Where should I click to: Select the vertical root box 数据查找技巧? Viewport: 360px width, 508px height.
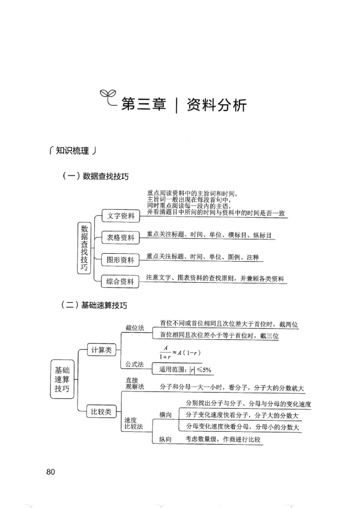84,248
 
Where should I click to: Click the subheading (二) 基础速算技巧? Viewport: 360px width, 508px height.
94,305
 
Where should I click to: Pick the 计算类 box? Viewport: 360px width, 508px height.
101,350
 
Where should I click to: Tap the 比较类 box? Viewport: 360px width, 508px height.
101,411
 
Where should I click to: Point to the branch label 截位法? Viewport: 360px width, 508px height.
135,328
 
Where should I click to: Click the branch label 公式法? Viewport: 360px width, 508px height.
135,363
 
